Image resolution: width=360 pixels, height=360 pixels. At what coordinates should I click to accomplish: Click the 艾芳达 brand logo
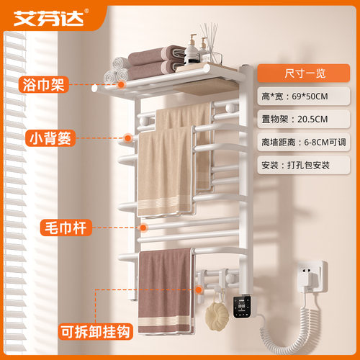tap(49, 18)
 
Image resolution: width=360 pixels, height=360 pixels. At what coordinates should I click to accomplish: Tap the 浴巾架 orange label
tap(44, 84)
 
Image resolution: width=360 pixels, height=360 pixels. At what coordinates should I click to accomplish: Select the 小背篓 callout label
tap(50, 138)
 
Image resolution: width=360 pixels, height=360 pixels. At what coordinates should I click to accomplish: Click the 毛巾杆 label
tap(66, 228)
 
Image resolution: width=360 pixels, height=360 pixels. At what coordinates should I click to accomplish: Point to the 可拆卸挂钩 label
tap(95, 332)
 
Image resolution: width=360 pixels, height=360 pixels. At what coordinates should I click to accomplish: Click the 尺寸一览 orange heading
tap(304, 73)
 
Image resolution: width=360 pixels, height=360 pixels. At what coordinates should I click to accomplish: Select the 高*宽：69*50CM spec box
tap(304, 96)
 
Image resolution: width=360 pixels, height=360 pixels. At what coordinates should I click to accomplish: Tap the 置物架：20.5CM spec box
tap(304, 119)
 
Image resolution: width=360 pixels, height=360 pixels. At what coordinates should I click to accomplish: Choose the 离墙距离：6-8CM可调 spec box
tap(304, 142)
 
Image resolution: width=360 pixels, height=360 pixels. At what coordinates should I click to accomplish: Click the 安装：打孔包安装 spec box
tap(304, 165)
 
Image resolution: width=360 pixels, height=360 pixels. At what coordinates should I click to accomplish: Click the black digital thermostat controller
tap(242, 307)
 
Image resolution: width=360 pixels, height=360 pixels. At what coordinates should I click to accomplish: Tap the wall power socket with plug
tap(311, 276)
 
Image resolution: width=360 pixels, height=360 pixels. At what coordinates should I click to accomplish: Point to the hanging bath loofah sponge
tap(217, 315)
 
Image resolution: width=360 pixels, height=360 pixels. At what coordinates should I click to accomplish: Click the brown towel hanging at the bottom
tap(166, 291)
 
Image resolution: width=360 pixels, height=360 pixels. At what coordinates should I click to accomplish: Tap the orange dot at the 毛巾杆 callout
tap(143, 228)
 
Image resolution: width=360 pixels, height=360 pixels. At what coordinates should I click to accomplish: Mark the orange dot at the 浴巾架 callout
tap(122, 84)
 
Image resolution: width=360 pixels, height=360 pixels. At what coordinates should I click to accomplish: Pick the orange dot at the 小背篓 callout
tap(127, 138)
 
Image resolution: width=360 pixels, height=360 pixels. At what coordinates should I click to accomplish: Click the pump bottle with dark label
tap(192, 50)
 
